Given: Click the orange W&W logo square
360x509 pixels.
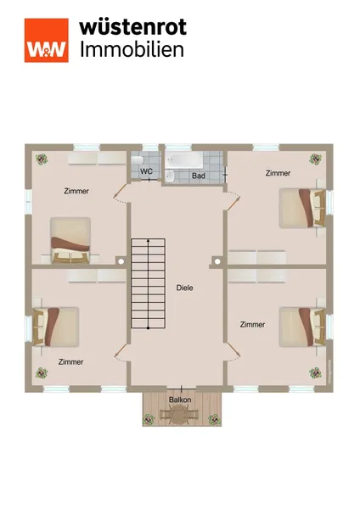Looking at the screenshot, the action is point(47,40).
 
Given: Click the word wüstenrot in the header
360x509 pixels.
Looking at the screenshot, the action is point(133,26).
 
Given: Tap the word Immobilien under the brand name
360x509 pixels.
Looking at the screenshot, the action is point(132,50).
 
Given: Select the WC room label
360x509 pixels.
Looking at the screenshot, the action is point(146,171).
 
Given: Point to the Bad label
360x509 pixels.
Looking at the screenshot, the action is point(199,176).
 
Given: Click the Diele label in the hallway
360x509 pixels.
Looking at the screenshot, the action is point(184,288).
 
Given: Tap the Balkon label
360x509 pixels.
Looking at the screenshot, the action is point(180,400).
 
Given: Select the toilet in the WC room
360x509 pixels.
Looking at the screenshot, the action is point(138,160).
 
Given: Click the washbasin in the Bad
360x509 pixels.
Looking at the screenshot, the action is point(171,176).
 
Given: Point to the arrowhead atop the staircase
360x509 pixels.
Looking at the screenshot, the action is point(148,241).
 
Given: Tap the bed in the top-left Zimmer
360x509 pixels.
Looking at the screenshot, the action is point(70,240).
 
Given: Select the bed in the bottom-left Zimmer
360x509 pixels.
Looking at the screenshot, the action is point(56,327).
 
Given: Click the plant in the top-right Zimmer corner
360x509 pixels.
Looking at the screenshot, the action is point(315,159).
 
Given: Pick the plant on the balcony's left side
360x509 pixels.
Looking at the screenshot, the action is point(149,420).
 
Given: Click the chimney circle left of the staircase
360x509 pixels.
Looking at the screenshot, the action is point(121,261).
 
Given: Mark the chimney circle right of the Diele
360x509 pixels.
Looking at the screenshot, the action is point(217,261).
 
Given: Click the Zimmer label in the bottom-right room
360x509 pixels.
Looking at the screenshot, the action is point(252,324).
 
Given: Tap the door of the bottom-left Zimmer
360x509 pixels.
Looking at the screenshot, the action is point(121,350).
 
